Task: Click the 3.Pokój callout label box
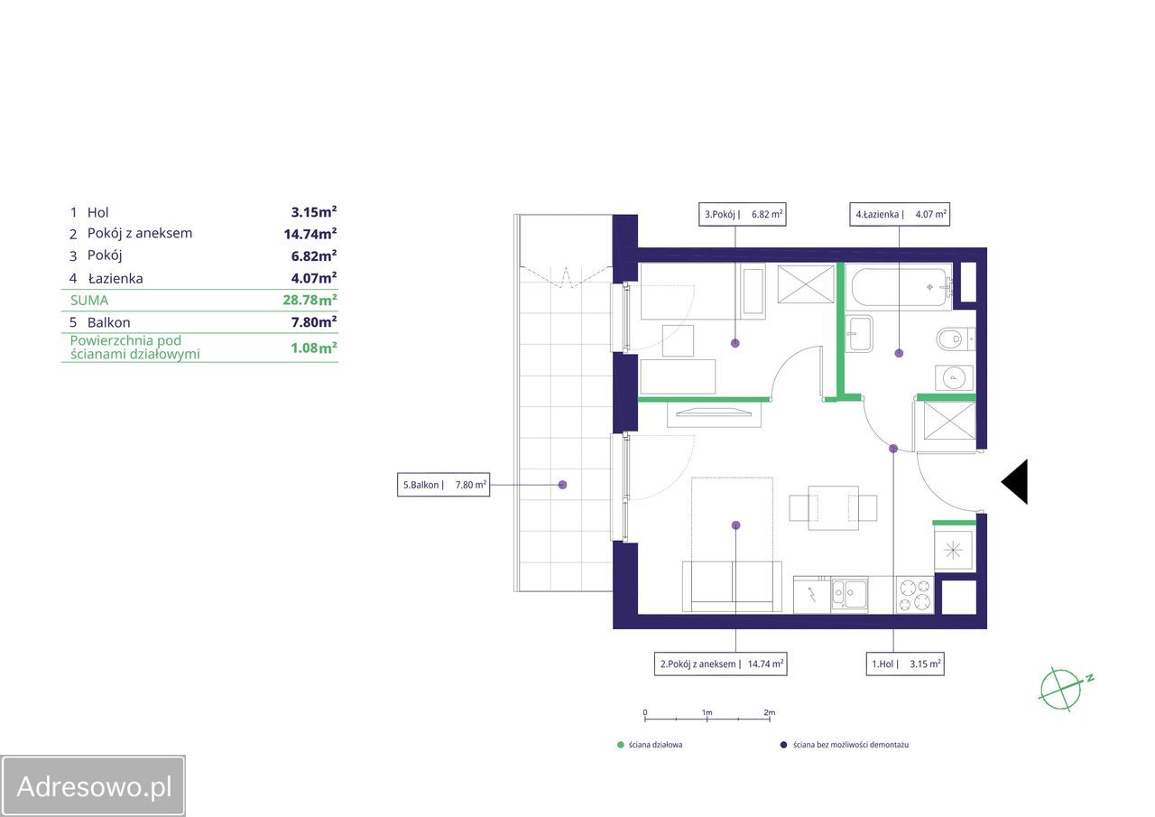point(742,214)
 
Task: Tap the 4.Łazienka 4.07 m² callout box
point(900,214)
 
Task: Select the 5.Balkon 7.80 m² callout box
point(443,485)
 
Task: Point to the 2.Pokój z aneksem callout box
point(720,664)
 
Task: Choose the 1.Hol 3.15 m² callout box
point(905,664)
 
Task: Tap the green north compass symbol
point(1064,690)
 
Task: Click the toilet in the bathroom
point(955,339)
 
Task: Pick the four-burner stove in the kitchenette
point(915,595)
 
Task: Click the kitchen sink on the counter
point(849,595)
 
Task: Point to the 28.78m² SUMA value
point(310,300)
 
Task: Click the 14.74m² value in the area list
point(310,234)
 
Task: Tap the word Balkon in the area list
point(109,322)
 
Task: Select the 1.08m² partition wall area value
point(314,348)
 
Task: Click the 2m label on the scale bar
point(770,712)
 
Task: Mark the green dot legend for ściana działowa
point(621,745)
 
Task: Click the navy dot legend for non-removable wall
point(784,745)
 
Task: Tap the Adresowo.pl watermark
point(93,786)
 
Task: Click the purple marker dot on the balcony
point(562,485)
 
